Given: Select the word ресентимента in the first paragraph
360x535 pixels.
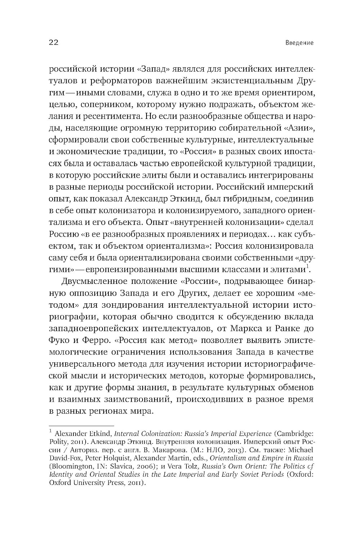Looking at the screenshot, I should [101, 117].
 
